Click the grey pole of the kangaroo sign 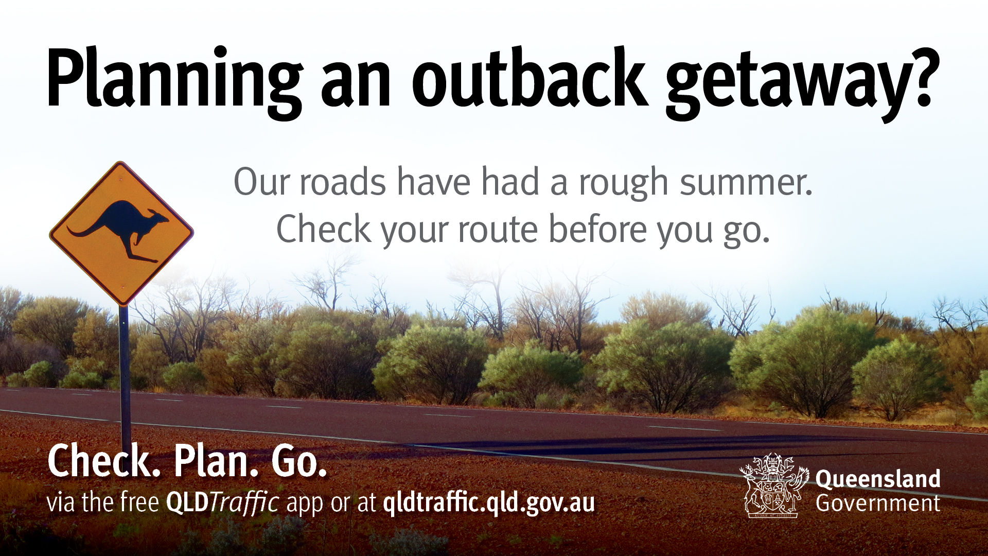pos(124,371)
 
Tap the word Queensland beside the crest pos(878,478)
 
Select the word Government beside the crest pos(878,503)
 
